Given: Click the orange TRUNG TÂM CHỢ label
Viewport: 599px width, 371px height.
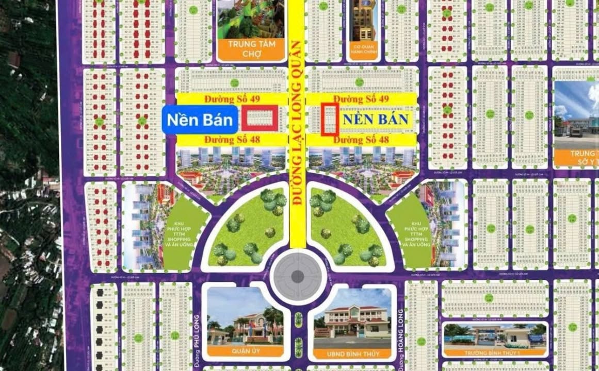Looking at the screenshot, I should pyautogui.click(x=251, y=48).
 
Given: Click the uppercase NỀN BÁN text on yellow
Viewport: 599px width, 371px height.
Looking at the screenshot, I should pyautogui.click(x=376, y=120).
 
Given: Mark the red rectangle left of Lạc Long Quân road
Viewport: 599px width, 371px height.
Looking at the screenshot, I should pyautogui.click(x=260, y=118).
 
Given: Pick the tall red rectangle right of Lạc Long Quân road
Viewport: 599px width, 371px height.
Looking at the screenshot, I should pyautogui.click(x=330, y=119).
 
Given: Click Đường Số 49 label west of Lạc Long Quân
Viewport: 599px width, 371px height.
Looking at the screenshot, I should pyautogui.click(x=231, y=98).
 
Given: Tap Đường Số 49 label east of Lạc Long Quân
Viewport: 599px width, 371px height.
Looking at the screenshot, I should pyautogui.click(x=360, y=98).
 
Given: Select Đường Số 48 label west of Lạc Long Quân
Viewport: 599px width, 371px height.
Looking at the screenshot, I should pyautogui.click(x=231, y=139).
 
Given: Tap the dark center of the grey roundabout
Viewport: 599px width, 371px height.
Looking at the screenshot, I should pyautogui.click(x=297, y=277).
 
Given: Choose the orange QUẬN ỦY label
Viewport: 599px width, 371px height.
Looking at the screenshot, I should pyautogui.click(x=245, y=351).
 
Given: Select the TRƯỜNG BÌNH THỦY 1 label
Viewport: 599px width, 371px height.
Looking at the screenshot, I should pyautogui.click(x=494, y=352).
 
